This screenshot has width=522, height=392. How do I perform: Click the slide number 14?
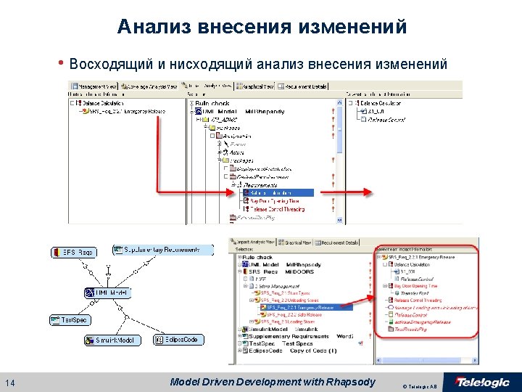(9, 383)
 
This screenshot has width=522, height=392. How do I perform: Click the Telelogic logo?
(481, 383)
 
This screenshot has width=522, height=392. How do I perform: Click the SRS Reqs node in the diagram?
(73, 253)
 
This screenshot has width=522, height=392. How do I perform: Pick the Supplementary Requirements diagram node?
(162, 249)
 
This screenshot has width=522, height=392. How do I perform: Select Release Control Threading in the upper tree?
(278, 209)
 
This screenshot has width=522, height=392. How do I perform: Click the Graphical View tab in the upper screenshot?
(258, 86)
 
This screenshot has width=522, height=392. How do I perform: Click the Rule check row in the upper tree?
(212, 103)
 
